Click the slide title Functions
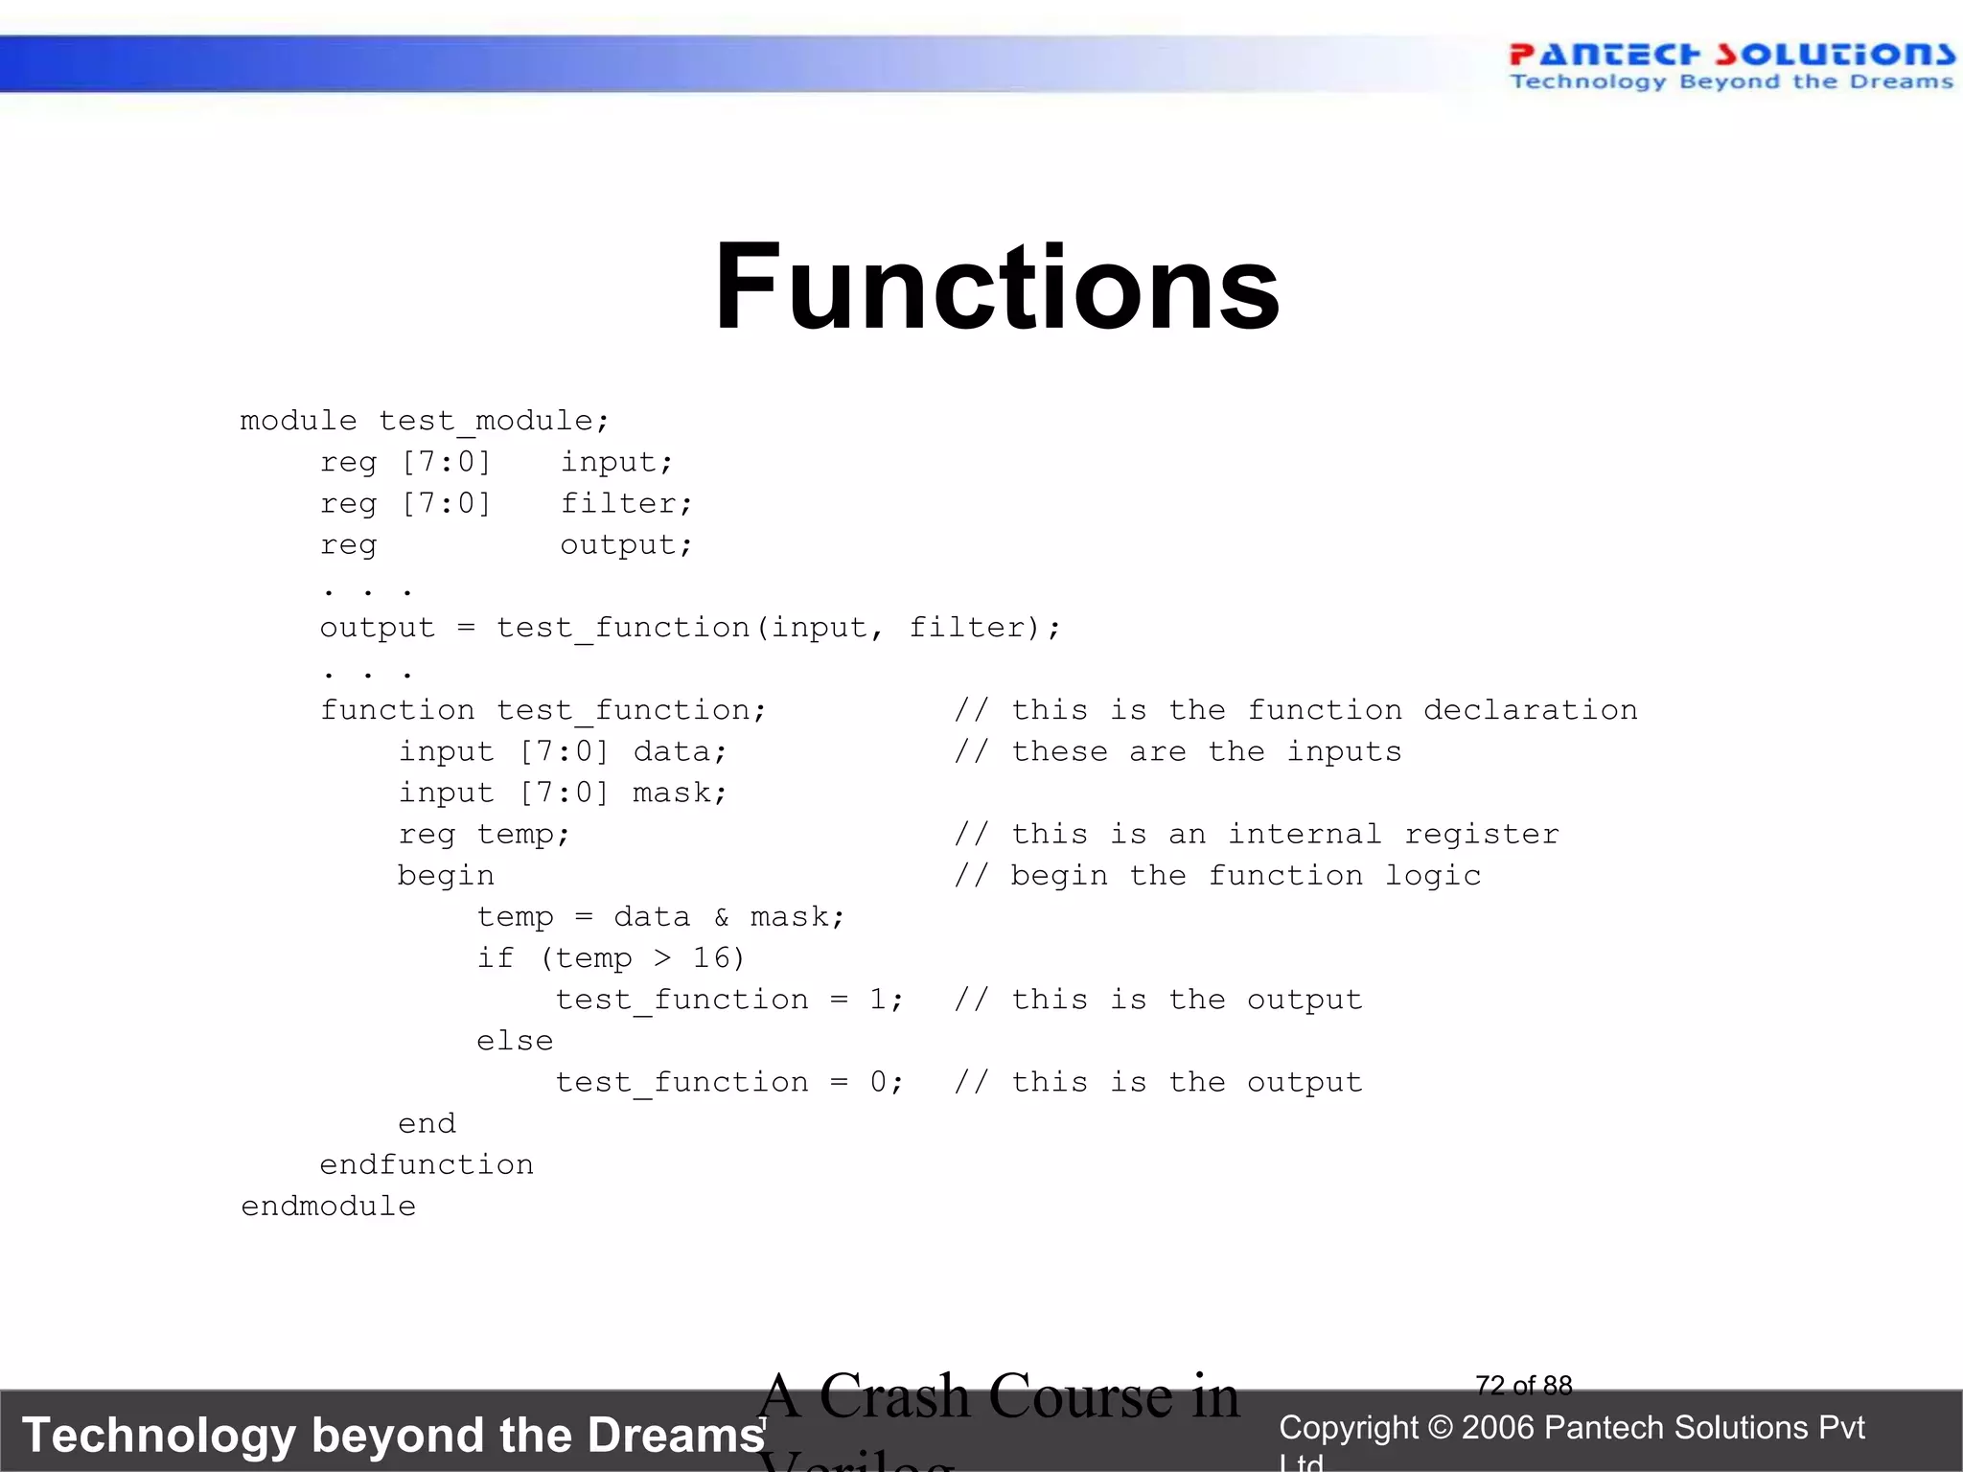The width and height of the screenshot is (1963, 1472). (997, 287)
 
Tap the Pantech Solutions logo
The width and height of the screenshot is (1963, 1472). (1731, 65)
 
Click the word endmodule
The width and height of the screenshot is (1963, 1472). (328, 1206)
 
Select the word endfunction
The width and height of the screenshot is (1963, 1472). (427, 1164)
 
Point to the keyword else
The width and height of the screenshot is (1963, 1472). (515, 1041)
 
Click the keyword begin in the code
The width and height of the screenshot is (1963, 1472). (446, 875)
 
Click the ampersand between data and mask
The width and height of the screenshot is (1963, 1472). (721, 917)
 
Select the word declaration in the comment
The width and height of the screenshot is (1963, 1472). (1530, 710)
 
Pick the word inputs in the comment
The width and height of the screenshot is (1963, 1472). (1344, 751)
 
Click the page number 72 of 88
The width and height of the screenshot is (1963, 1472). (1523, 1385)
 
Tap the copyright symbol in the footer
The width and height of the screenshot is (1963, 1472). (1440, 1428)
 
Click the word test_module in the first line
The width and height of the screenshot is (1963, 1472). (493, 421)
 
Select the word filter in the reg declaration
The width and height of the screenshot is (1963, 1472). (624, 503)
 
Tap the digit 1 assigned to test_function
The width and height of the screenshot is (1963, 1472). (878, 1000)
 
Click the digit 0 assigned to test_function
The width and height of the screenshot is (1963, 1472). (878, 1082)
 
